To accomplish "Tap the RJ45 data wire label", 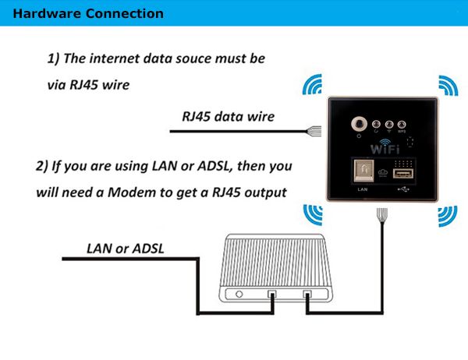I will tap(228, 117).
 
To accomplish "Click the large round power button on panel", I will tap(360, 123).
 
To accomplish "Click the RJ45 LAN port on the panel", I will tap(362, 172).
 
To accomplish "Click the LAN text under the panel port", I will tap(362, 189).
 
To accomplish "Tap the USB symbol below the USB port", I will tap(403, 189).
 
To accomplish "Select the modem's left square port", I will tap(271, 296).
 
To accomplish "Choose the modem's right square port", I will tap(307, 296).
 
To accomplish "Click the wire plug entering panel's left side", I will tap(315, 129).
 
